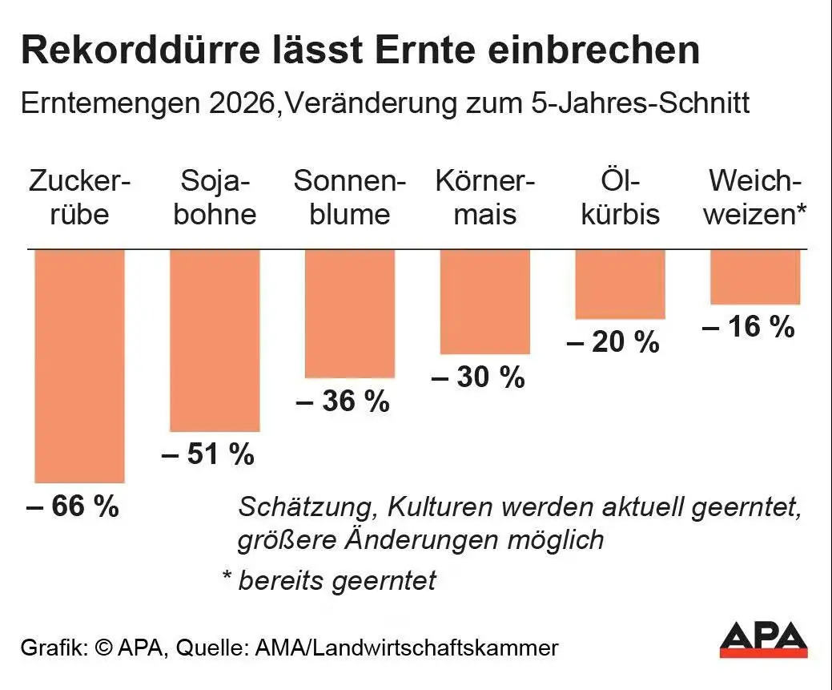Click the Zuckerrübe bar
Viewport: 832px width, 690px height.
click(x=79, y=366)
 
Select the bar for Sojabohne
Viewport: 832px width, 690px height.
click(x=215, y=341)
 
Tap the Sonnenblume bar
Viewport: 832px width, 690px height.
click(x=350, y=313)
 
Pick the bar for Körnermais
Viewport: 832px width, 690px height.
click(x=485, y=301)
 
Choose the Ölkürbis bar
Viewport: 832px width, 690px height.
click(x=621, y=284)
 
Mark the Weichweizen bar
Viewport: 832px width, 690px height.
click(x=755, y=276)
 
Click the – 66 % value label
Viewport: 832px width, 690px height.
click(x=73, y=505)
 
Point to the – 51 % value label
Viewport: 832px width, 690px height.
click(x=208, y=454)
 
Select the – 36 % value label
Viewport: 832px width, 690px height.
click(x=343, y=401)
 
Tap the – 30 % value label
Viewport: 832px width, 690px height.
click(x=478, y=377)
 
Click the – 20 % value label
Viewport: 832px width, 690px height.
click(x=613, y=341)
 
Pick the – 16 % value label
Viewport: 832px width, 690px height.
click(x=748, y=327)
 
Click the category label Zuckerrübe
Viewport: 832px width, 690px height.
click(x=79, y=198)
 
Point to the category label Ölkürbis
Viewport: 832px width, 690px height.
click(x=621, y=198)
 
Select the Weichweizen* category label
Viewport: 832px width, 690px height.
click(x=755, y=198)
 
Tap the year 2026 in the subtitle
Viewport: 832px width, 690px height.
click(x=242, y=103)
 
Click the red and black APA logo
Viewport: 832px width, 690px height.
click(x=764, y=640)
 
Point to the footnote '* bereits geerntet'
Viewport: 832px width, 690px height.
click(x=329, y=580)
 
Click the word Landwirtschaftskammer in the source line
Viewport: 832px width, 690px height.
click(x=435, y=648)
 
